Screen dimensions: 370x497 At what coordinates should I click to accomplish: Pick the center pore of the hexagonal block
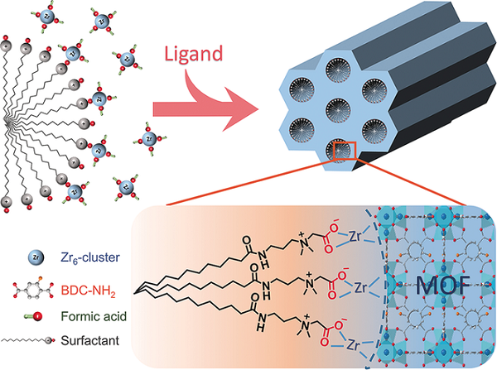332,107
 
